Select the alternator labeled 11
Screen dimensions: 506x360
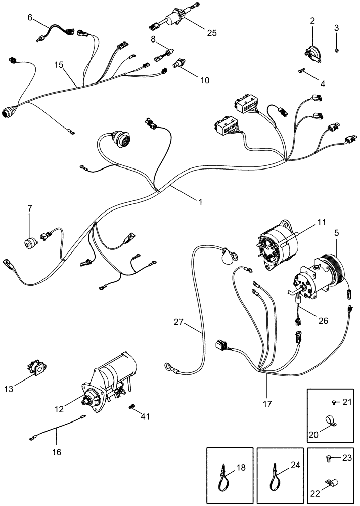pyautogui.click(x=277, y=245)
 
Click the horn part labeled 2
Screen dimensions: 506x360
pyautogui.click(x=312, y=52)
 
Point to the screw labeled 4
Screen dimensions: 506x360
pyautogui.click(x=302, y=72)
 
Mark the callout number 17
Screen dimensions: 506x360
pyautogui.click(x=267, y=404)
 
